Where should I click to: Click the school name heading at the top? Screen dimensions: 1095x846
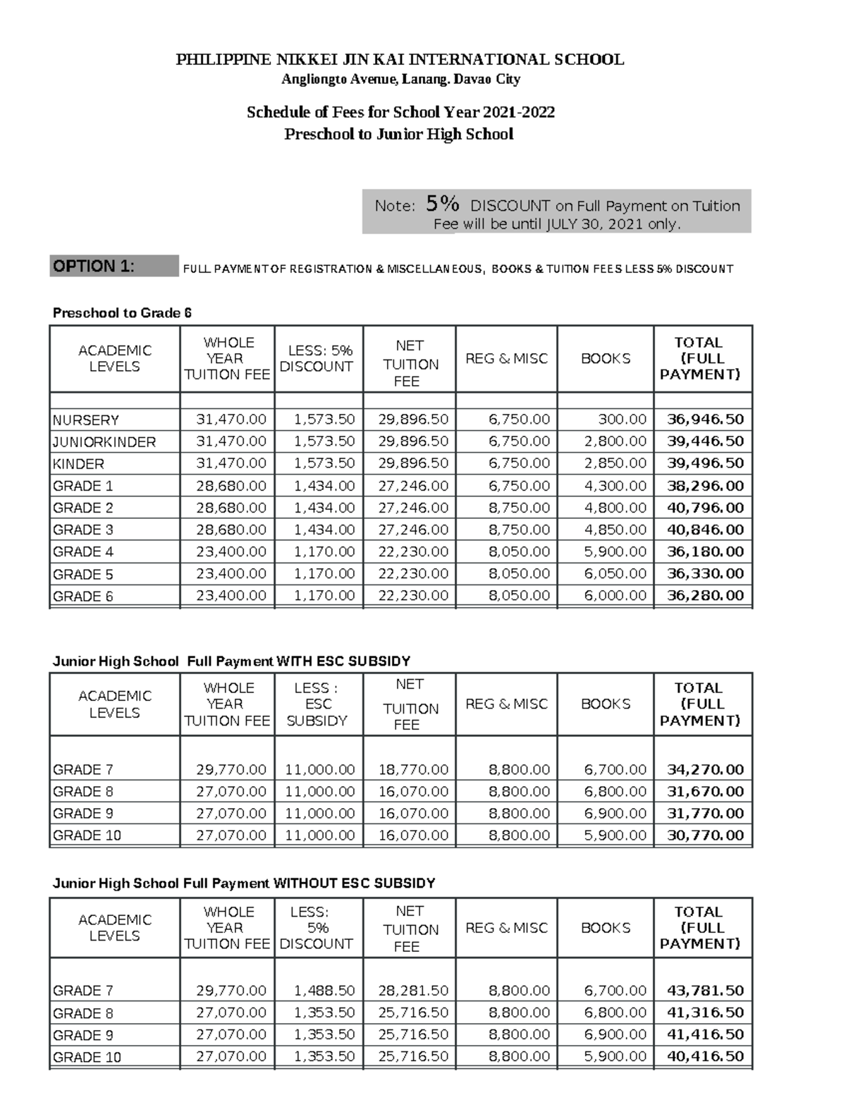point(400,59)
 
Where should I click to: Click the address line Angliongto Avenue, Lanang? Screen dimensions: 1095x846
point(400,79)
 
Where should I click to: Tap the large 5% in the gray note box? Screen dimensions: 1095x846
point(443,204)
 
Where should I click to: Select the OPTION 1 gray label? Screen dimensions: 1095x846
point(114,267)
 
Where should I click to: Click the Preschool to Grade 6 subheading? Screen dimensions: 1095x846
point(123,313)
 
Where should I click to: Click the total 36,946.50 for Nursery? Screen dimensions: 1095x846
point(705,420)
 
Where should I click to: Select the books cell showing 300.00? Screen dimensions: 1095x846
point(622,420)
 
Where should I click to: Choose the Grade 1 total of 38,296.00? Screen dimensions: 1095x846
point(705,486)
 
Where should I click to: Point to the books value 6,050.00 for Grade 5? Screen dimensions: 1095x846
point(615,574)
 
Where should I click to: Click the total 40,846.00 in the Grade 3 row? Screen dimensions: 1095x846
point(705,530)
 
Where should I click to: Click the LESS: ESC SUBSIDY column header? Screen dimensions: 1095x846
point(317,704)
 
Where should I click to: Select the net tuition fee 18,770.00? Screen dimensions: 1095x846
point(413,769)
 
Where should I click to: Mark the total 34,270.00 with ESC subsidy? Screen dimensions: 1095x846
point(705,769)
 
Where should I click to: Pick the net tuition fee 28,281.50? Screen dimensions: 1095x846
point(413,991)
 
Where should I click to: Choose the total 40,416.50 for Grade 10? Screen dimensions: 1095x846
point(705,1056)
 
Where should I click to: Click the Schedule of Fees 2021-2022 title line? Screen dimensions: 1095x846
point(400,112)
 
